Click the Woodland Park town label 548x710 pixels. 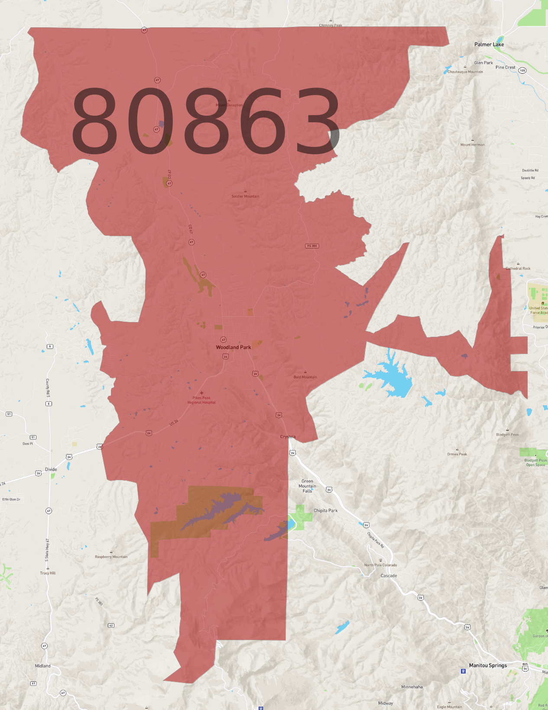coord(233,347)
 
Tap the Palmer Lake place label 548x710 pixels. coord(489,44)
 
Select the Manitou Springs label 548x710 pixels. coord(488,665)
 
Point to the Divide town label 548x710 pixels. coord(51,469)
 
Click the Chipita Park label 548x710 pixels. coord(325,511)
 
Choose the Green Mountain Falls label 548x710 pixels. coord(307,486)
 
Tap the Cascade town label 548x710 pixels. coord(389,576)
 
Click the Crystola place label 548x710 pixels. coord(288,436)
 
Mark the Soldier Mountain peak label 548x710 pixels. coord(245,196)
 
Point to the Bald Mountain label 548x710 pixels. coord(305,377)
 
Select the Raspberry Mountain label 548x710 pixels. coord(111,557)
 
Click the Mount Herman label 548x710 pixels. coord(472,145)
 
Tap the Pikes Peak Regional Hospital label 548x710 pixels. coord(201,400)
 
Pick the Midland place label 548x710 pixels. coord(42,666)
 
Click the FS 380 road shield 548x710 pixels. coord(312,246)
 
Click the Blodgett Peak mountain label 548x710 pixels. coord(507,434)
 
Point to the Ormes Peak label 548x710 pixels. coord(457,454)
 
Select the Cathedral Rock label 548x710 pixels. coord(518,268)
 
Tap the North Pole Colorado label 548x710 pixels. coord(380,565)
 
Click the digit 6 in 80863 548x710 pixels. coord(262,121)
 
